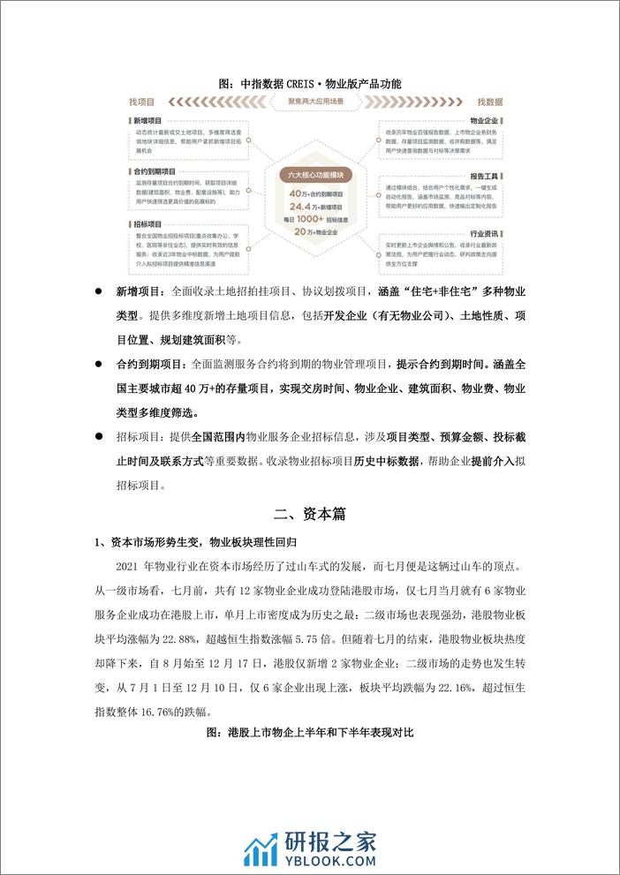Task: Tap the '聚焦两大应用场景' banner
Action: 316,103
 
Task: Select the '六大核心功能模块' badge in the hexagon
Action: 315,176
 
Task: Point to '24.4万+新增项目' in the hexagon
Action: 315,205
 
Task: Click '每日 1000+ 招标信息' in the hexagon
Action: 315,217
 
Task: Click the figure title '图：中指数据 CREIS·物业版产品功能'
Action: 309,84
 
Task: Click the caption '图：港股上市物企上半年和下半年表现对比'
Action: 309,733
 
